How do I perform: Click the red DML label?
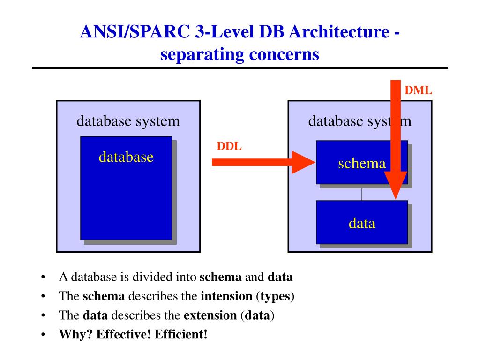pos(418,90)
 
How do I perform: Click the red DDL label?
pos(229,146)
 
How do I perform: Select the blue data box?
pos(361,223)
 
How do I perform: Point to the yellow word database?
pos(126,157)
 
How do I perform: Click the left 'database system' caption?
pos(128,121)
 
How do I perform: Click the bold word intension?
pos(226,296)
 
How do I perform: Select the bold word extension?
pos(210,315)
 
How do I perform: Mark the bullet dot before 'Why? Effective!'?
pos(43,334)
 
